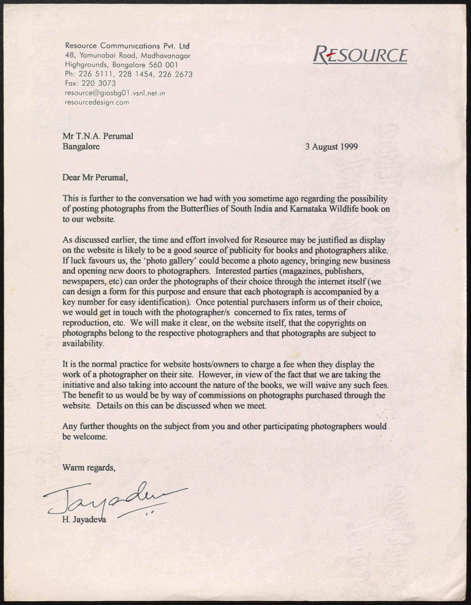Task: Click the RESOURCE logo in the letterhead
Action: [x=360, y=55]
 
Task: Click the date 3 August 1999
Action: [x=331, y=147]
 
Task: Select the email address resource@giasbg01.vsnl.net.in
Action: [x=115, y=93]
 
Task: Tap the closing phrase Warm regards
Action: [x=89, y=468]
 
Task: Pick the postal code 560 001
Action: [x=163, y=65]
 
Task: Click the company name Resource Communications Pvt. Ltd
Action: [x=127, y=45]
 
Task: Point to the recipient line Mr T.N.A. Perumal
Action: [x=98, y=136]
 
